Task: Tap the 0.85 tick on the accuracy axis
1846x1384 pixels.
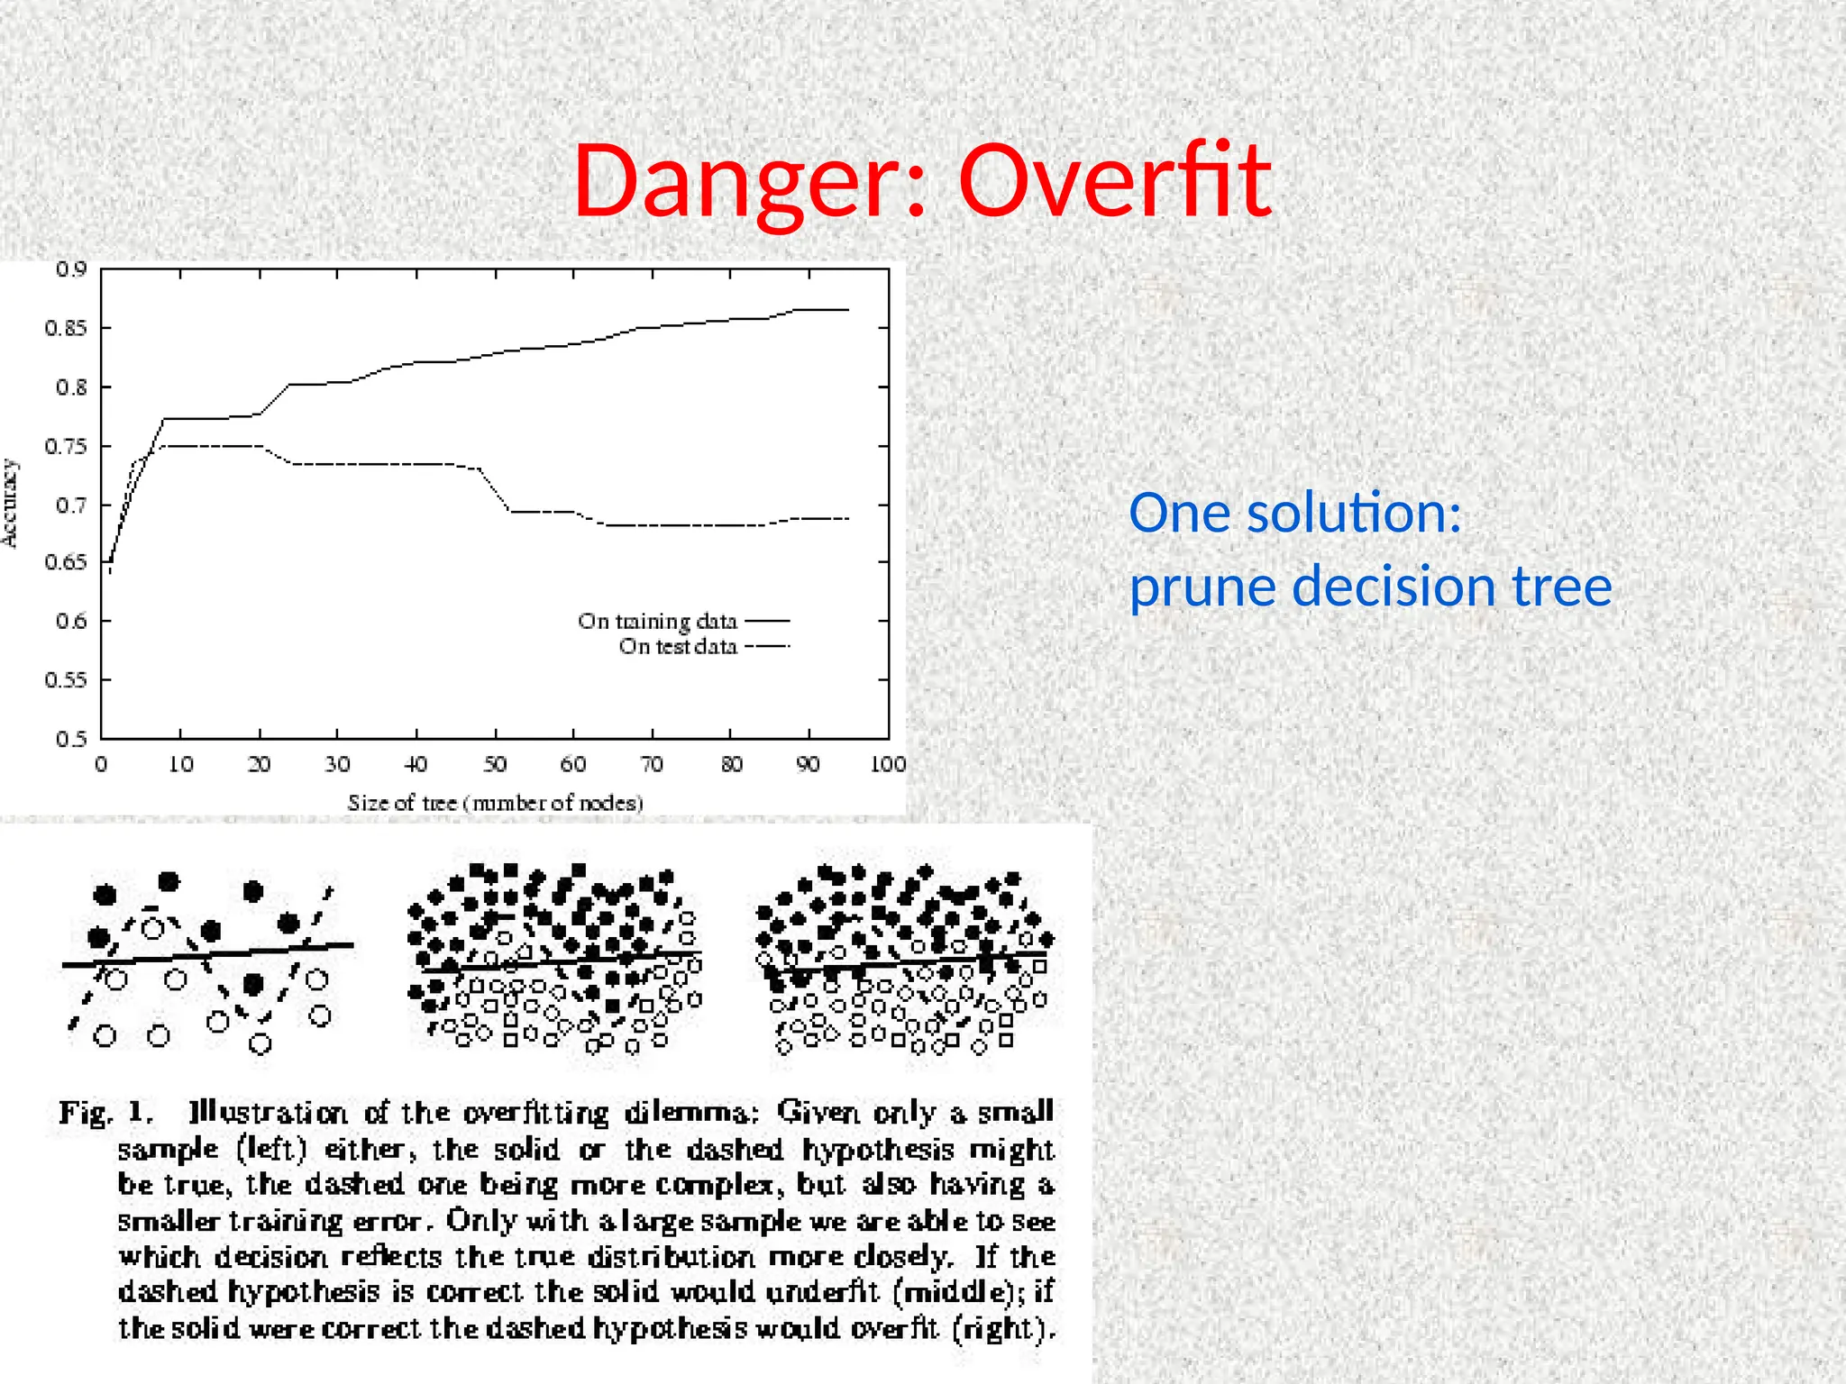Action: [66, 328]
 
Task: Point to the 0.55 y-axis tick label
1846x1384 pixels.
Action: [66, 680]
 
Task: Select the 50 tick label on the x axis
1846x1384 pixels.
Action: [495, 765]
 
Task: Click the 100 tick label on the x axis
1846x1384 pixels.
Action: [888, 765]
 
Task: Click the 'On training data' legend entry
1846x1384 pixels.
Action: [657, 622]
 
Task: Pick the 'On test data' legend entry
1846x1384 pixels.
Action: [678, 647]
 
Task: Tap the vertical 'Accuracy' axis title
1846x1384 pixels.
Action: [10, 503]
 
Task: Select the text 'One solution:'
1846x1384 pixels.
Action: [1294, 513]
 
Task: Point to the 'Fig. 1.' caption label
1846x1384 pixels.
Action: [106, 1113]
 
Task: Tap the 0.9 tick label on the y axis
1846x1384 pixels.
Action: [71, 269]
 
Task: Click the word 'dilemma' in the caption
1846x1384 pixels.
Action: [691, 1113]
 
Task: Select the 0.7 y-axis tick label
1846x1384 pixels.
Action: [71, 505]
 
